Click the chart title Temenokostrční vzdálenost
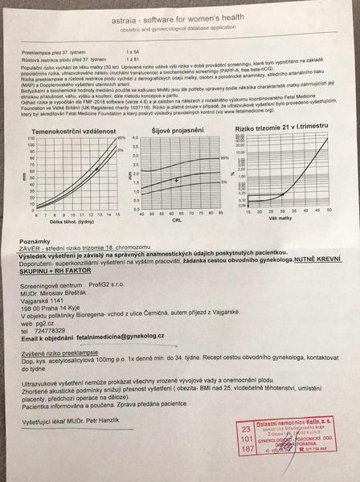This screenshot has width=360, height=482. tap(68, 131)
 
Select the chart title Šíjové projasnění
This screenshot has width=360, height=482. tap(177, 131)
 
